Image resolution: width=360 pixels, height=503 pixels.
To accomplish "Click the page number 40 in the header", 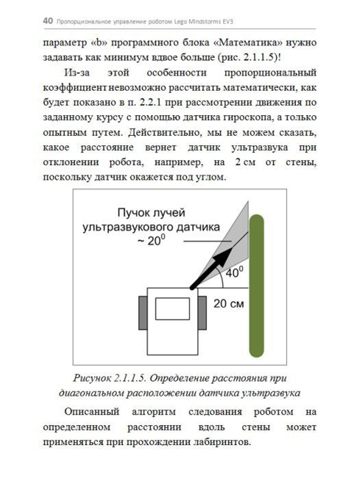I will tap(48, 21).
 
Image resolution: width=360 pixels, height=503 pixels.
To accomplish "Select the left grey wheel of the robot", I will tap(143, 312).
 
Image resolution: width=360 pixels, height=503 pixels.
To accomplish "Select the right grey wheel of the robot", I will tap(202, 312).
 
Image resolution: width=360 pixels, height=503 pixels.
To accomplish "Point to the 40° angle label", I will tap(234, 274).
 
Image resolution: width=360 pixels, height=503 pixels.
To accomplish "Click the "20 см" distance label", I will tap(229, 303).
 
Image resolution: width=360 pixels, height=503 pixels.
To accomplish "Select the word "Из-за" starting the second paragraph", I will tap(77, 73).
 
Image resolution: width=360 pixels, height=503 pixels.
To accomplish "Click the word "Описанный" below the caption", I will tap(92, 412).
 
